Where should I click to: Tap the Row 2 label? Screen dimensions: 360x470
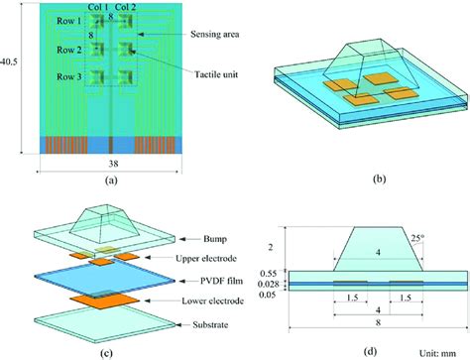pyautogui.click(x=66, y=49)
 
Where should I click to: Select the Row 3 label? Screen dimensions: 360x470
pyautogui.click(x=66, y=76)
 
